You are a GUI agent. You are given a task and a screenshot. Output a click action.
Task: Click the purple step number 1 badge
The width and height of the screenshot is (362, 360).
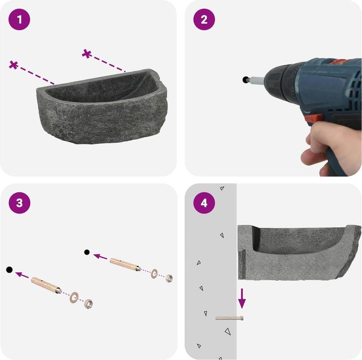click(x=20, y=20)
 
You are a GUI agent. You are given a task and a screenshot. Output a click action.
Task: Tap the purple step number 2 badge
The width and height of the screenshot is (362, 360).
click(x=204, y=20)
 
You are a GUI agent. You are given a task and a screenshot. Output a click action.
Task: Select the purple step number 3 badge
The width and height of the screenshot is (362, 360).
click(x=20, y=203)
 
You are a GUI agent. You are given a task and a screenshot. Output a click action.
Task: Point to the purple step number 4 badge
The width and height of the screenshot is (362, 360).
click(x=204, y=203)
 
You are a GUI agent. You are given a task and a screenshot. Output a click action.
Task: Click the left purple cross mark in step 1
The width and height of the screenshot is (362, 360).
click(x=14, y=65)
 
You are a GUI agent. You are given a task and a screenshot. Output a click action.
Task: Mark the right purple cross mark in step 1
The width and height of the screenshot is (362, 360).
click(x=87, y=54)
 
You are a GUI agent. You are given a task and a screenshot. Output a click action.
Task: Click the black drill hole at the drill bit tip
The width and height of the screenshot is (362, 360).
click(x=245, y=80)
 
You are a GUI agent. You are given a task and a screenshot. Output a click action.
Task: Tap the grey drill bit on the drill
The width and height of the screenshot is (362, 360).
click(x=256, y=80)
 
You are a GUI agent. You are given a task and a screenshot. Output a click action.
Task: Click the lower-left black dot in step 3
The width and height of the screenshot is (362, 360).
click(x=9, y=270)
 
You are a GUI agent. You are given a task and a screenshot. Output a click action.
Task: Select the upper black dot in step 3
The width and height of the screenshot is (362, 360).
click(x=87, y=252)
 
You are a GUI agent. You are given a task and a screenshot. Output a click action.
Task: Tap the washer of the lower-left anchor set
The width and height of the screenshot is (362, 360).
click(x=74, y=298)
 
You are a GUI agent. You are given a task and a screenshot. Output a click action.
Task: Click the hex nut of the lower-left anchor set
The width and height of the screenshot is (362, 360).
click(x=88, y=303)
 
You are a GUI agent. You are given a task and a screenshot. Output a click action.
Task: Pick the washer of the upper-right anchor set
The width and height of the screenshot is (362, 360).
click(x=154, y=274)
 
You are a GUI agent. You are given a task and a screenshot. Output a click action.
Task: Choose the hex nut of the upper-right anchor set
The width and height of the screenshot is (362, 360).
click(x=169, y=278)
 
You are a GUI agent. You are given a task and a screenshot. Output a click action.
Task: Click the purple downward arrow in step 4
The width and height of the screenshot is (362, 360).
click(x=242, y=298)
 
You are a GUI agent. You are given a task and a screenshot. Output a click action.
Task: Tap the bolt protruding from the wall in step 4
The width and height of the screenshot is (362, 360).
click(x=229, y=318)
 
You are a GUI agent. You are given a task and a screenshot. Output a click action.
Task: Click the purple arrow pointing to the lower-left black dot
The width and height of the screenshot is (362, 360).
click(x=22, y=275)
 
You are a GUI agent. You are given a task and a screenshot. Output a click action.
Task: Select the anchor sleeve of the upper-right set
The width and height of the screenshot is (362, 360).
click(x=125, y=265)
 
